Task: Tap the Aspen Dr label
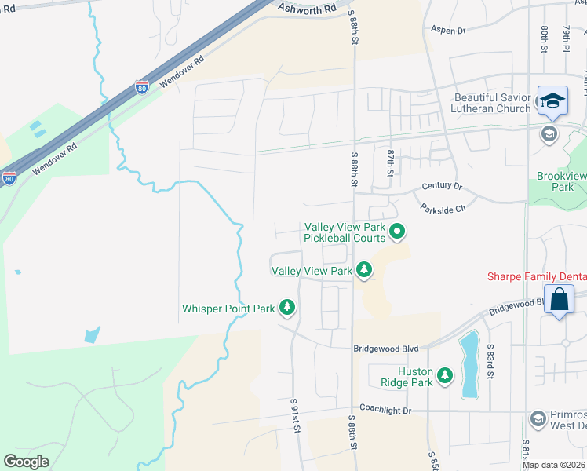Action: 448,30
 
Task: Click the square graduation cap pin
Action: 552,101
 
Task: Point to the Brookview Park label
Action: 562,182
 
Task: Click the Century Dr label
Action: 442,186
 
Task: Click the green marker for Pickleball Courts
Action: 397,231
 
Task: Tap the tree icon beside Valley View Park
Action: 363,270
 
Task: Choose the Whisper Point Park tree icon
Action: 287,308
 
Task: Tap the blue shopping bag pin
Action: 559,300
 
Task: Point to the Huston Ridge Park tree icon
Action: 445,376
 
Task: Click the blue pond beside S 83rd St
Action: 469,364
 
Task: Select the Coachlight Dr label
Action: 385,409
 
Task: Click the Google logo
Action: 26,461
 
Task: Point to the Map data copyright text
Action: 553,465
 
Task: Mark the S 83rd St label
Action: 489,361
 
